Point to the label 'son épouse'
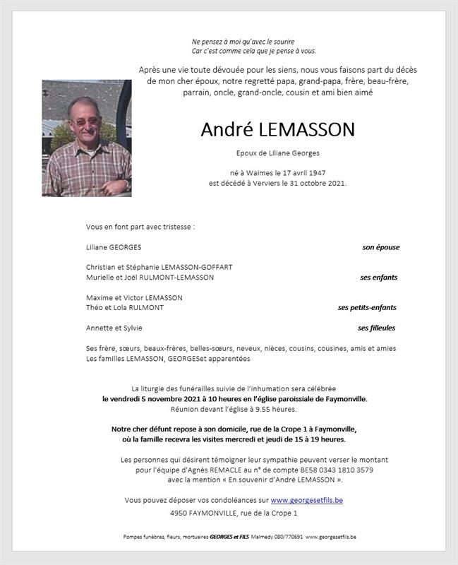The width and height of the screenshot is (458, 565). pos(380,247)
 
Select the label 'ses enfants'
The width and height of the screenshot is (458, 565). pos(379,278)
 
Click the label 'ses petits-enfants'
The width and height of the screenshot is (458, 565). pos(367,308)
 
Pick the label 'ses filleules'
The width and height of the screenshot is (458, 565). pos(376,328)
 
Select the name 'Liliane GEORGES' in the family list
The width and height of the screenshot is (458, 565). pos(114,247)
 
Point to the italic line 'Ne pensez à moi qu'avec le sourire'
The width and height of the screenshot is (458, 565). pos(243,42)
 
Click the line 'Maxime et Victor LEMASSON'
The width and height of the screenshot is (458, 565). pos(134,298)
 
